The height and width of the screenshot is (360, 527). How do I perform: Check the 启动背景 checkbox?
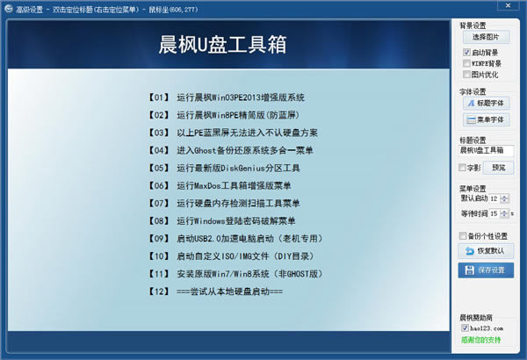click(466, 52)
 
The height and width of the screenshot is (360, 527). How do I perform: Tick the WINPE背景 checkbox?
click(466, 63)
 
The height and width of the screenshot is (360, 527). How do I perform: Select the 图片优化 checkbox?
click(466, 76)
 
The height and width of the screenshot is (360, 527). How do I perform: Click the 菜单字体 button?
click(485, 119)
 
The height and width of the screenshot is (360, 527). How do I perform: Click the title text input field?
click(487, 151)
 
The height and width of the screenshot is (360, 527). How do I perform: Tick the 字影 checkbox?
click(464, 167)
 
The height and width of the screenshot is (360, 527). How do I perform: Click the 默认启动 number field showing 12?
click(494, 198)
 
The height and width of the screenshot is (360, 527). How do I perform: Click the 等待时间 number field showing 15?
click(494, 212)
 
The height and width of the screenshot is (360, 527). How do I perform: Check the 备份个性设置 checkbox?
click(464, 235)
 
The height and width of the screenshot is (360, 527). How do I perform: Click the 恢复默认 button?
click(485, 251)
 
